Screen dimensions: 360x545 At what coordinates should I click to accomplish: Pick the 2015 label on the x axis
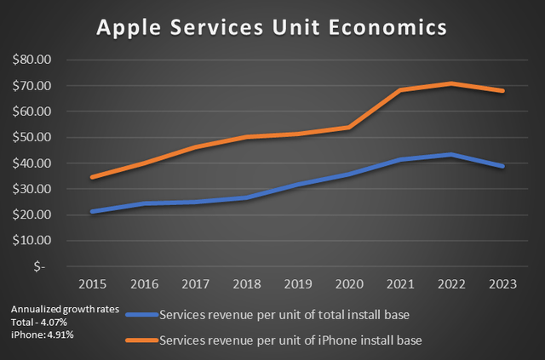(91, 281)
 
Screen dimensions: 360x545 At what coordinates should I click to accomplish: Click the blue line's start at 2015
(91, 211)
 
